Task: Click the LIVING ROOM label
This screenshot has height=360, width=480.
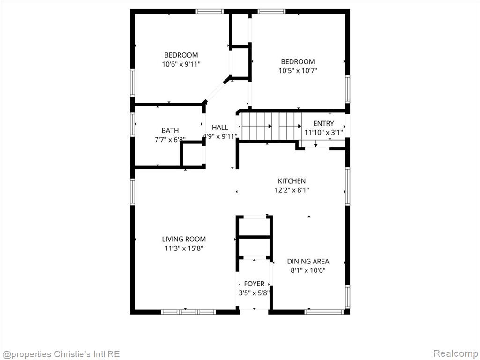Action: click(x=184, y=239)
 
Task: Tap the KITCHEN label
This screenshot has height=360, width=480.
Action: click(x=292, y=181)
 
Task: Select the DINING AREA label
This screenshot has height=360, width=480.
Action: click(x=308, y=262)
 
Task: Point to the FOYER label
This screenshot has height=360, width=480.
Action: click(x=254, y=284)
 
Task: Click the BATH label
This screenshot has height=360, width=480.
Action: click(x=170, y=130)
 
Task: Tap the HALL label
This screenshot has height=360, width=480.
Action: click(x=220, y=127)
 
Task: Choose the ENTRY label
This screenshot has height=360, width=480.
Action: click(x=323, y=123)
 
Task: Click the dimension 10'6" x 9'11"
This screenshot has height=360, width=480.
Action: click(x=181, y=64)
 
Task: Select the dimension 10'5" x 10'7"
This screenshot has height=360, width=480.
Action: click(x=298, y=71)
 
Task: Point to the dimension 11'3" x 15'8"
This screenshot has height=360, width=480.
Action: click(x=184, y=248)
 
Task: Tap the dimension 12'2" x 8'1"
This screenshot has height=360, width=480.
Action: click(x=292, y=190)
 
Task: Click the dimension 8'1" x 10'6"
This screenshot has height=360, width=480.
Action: click(x=308, y=270)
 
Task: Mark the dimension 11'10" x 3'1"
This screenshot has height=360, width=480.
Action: click(x=323, y=133)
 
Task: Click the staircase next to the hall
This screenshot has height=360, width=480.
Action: click(x=270, y=126)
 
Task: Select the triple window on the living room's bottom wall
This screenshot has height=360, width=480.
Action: click(x=188, y=312)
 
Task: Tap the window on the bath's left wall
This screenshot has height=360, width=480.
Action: click(x=133, y=124)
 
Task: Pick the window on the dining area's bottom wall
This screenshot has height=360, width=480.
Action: click(x=324, y=312)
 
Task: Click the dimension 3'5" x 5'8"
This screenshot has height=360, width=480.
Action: click(x=254, y=293)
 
